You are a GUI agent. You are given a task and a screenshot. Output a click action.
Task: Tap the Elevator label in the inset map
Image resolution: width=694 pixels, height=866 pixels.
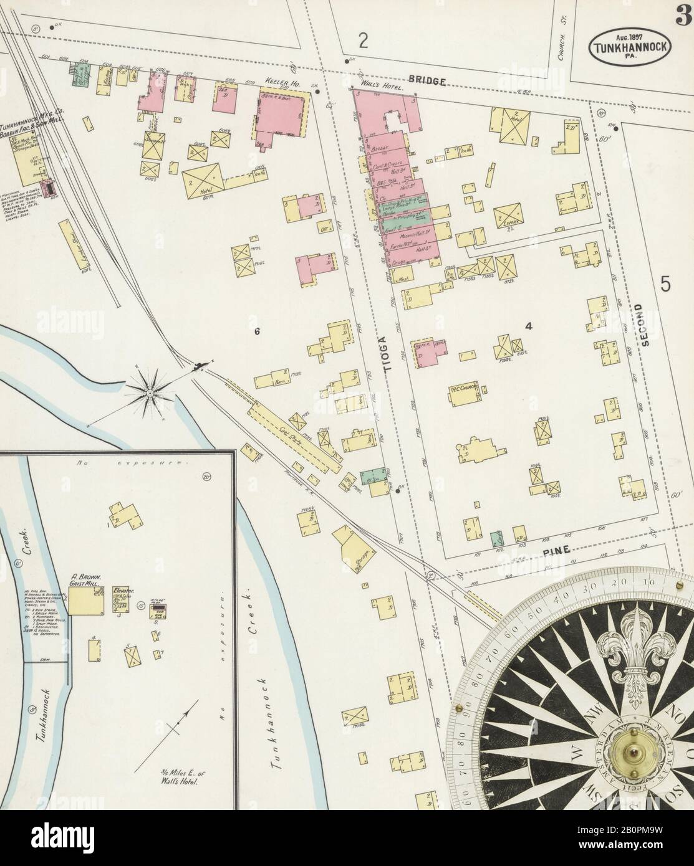tap(125, 589)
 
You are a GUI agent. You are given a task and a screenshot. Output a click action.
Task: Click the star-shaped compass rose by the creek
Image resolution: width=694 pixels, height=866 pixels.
tap(150, 393)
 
